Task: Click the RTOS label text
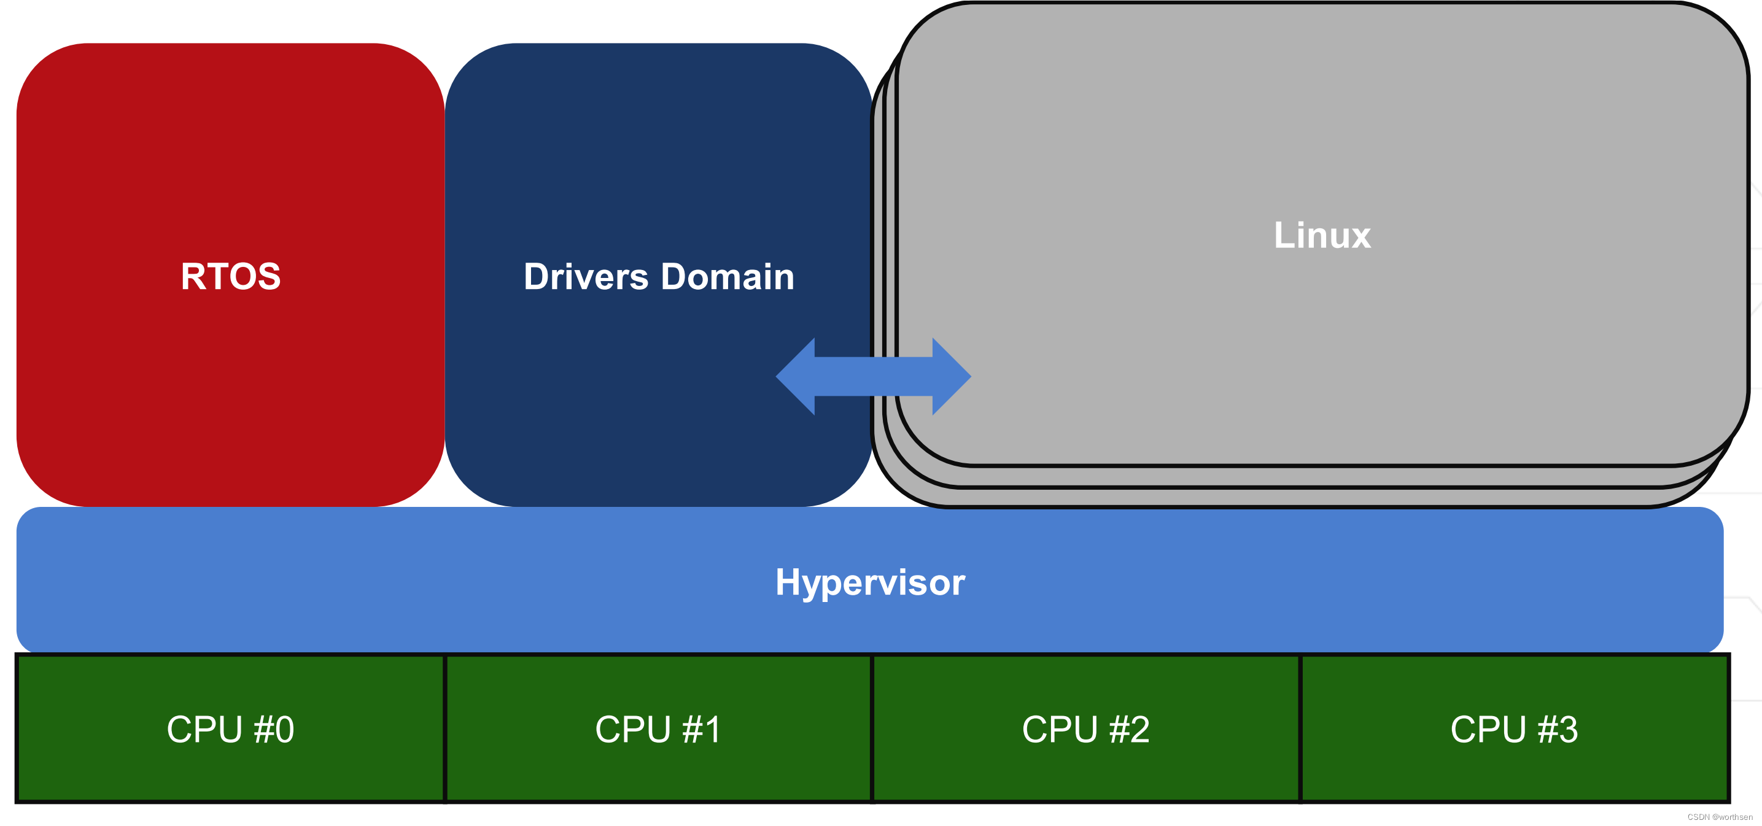(230, 276)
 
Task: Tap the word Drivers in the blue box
(586, 277)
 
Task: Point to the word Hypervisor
(869, 582)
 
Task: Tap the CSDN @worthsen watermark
(1720, 816)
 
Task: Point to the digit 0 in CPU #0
(284, 729)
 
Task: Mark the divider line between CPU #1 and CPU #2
(872, 728)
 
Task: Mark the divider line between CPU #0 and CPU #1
(444, 728)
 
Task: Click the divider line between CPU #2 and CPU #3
(1300, 728)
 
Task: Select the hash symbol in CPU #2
(1119, 729)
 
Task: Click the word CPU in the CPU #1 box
(633, 729)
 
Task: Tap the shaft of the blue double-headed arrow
(874, 376)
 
